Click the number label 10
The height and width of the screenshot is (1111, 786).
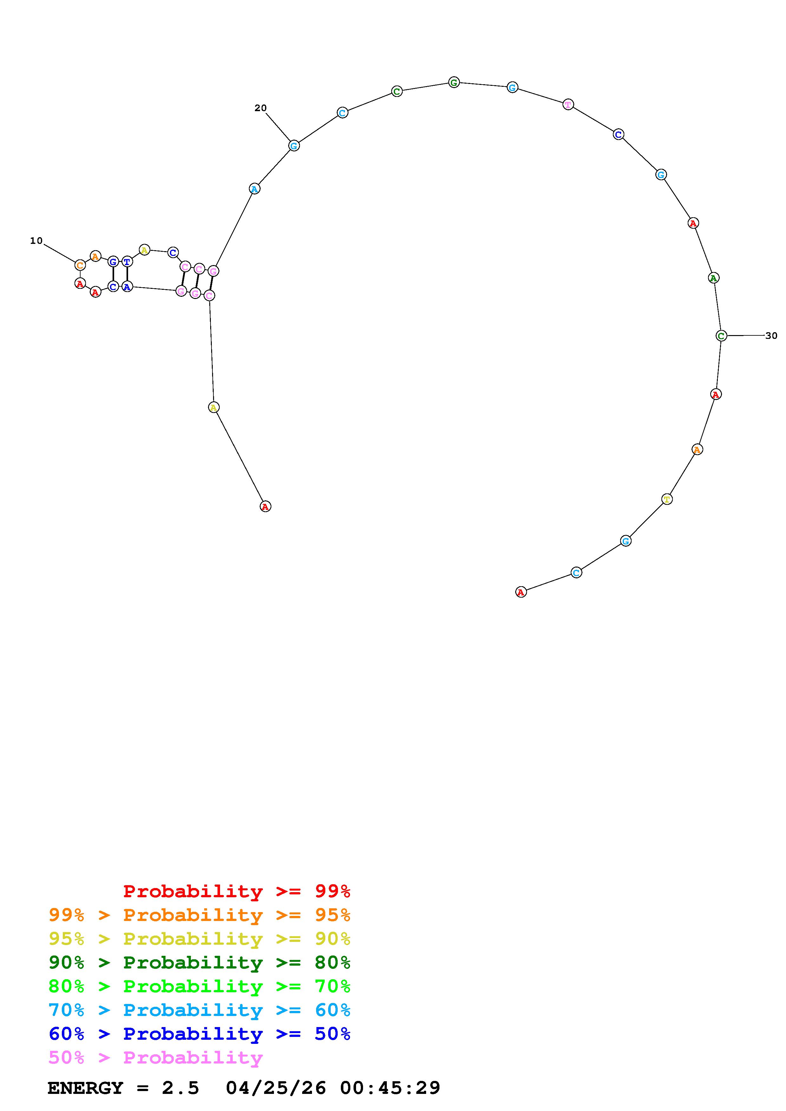[x=36, y=240]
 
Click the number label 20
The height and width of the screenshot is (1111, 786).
[x=261, y=108]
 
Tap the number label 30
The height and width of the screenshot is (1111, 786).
[x=771, y=335]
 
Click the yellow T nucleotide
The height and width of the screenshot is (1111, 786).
[x=667, y=499]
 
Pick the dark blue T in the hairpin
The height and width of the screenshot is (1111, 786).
[x=127, y=262]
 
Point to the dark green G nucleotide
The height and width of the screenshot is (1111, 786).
[x=454, y=82]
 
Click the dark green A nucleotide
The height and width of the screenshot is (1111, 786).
[x=713, y=278]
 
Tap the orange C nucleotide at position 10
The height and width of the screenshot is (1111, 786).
[x=80, y=265]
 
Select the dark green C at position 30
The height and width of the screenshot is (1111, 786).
[x=721, y=335]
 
